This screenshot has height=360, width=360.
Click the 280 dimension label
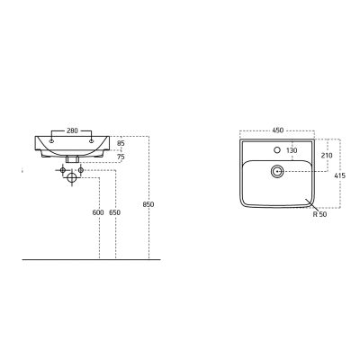pyautogui.click(x=72, y=130)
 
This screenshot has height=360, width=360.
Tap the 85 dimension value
pyautogui.click(x=121, y=143)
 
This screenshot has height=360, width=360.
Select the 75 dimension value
pyautogui.click(x=121, y=157)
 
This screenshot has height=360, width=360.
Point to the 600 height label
pyautogui.click(x=98, y=212)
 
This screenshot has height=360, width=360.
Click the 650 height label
pyautogui.click(x=115, y=212)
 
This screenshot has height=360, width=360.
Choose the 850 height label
pyautogui.click(x=148, y=204)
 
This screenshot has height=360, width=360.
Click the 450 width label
pyautogui.click(x=277, y=130)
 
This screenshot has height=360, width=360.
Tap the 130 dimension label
pyautogui.click(x=292, y=150)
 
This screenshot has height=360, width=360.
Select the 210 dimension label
pyautogui.click(x=327, y=156)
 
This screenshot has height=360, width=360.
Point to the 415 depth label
pyautogui.click(x=340, y=175)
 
